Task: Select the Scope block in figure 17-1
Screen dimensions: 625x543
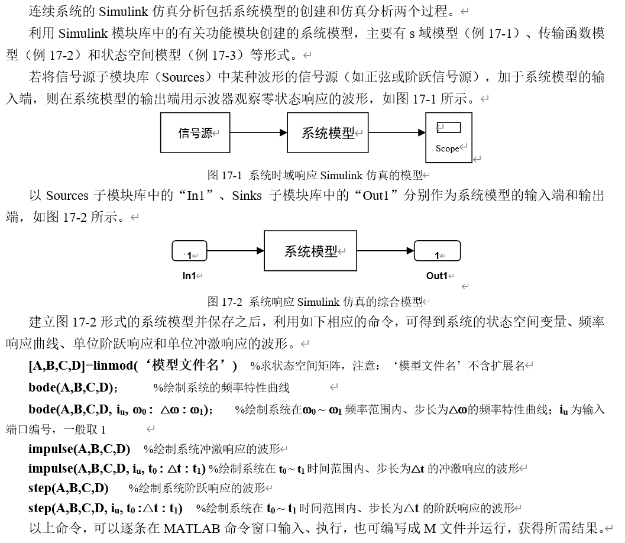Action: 449,137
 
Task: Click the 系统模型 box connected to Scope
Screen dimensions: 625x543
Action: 328,133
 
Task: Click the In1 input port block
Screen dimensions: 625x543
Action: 189,251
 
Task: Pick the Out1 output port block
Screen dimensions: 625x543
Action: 437,251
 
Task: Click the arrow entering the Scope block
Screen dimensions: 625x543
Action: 396,133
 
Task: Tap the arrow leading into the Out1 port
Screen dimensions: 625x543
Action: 384,251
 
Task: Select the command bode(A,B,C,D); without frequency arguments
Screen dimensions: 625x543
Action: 73,387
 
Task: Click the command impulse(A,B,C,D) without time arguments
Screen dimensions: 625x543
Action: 79,448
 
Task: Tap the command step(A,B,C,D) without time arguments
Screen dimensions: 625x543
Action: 69,488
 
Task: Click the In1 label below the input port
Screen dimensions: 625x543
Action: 189,276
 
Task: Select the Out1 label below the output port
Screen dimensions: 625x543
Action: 437,276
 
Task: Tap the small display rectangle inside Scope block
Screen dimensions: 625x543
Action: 448,127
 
